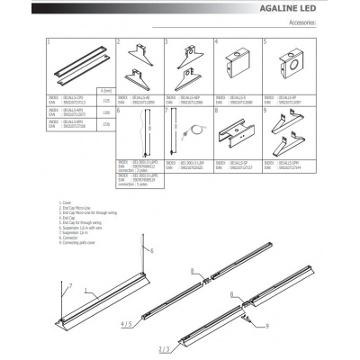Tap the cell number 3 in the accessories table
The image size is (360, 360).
pos(168,42)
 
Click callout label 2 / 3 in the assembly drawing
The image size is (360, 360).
pos(164,346)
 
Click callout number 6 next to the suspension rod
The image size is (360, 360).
pos(152,249)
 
